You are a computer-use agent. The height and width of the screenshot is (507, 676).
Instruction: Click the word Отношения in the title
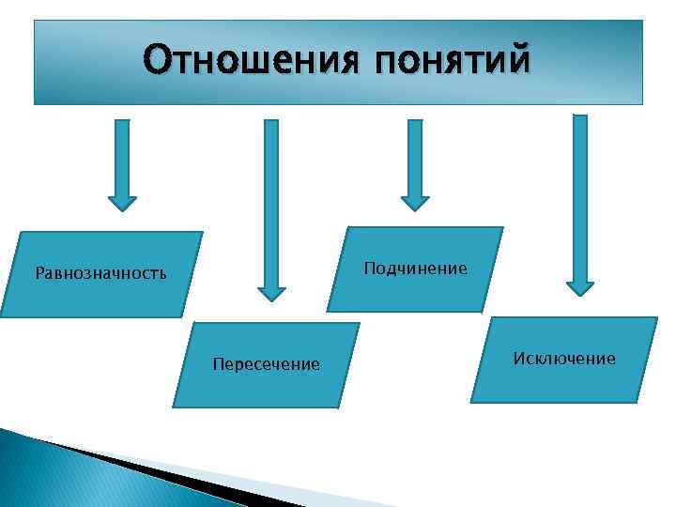click(x=250, y=60)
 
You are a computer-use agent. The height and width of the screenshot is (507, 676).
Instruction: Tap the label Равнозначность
click(x=100, y=274)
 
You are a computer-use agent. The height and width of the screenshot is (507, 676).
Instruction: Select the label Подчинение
click(x=415, y=269)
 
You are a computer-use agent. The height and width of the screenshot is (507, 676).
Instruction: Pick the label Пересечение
click(x=266, y=364)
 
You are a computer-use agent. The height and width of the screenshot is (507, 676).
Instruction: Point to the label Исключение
click(x=564, y=359)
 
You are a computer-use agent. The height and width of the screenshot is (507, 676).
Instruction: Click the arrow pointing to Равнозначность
click(x=122, y=160)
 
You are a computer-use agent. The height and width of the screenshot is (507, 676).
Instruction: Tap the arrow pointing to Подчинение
click(x=415, y=160)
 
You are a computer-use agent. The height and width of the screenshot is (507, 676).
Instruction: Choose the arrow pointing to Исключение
click(x=580, y=197)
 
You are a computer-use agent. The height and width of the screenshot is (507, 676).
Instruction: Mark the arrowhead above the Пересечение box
click(x=271, y=292)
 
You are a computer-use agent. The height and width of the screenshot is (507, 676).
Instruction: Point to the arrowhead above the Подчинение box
click(x=415, y=202)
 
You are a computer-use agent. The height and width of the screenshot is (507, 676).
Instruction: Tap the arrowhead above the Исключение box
click(x=580, y=287)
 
